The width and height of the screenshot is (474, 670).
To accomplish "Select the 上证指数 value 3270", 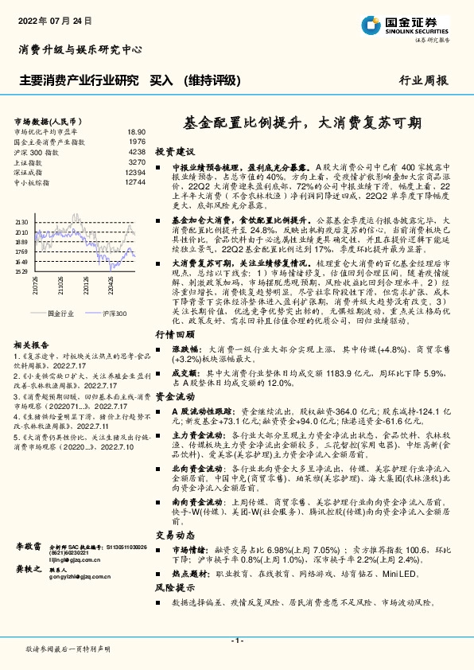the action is click(x=137, y=162).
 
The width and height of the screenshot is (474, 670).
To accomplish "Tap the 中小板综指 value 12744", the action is click(x=135, y=182).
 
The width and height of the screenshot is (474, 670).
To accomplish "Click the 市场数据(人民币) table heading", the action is click(x=49, y=120).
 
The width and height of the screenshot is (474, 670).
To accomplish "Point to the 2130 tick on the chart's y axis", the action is click(x=21, y=223).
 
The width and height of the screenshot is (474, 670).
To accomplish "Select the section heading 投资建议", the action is click(x=174, y=151).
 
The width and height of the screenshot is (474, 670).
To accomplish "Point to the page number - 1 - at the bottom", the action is click(x=236, y=641).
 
